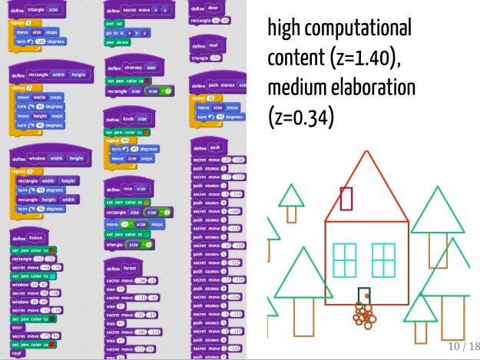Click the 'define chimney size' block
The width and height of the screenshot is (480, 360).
point(131,68)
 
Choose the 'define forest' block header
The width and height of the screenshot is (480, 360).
point(121,269)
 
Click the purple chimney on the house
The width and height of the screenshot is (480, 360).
point(346,198)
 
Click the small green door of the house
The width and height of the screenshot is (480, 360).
point(364,296)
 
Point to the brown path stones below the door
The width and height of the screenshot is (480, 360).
point(364,314)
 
